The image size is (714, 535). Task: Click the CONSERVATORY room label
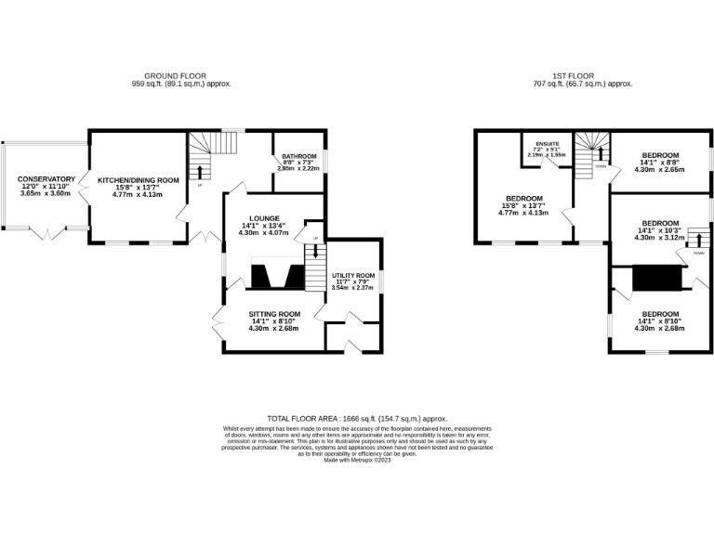coord(46,178)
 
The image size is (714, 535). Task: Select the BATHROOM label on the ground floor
coord(299,156)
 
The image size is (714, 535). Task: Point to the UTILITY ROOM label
coord(352,276)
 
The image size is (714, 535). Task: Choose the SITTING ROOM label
coord(274,314)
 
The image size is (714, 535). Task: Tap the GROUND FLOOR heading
coord(175,75)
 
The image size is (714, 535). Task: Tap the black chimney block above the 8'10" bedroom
coord(656,279)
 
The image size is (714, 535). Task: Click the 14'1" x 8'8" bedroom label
coord(659,155)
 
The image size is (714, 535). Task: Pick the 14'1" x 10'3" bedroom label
coord(659,223)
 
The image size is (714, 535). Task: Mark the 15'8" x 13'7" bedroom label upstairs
coord(523,199)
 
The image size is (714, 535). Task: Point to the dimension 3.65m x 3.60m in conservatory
coord(46,193)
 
